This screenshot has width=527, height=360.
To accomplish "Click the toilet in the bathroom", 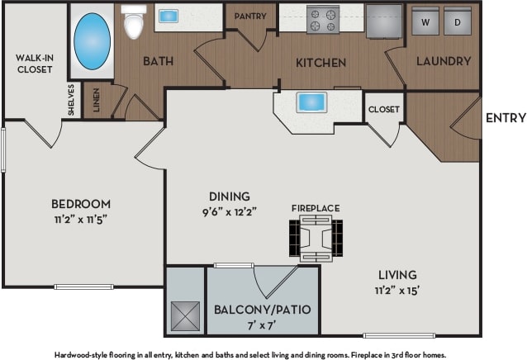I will (x=132, y=23).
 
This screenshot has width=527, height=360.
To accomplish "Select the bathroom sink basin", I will (x=170, y=16).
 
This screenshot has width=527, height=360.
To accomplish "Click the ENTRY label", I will (x=505, y=118).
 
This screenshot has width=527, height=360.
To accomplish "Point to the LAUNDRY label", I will (x=444, y=61).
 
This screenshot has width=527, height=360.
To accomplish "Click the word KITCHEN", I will (x=321, y=63).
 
